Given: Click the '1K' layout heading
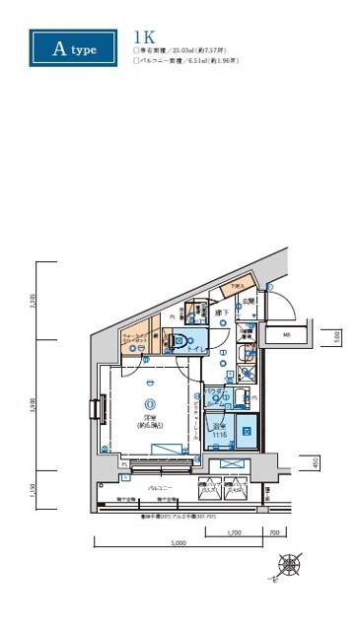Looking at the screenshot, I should [x=143, y=39].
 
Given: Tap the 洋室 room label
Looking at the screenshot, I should [x=150, y=421].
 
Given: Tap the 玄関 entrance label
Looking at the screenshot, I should [x=251, y=301].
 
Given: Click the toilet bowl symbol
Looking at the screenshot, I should [x=180, y=341].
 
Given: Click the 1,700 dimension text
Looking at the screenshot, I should [x=233, y=532].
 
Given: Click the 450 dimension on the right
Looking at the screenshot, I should [x=316, y=460].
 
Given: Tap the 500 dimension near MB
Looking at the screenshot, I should [x=337, y=335].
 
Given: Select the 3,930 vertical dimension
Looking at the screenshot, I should [x=34, y=405].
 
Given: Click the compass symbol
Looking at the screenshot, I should [x=290, y=566].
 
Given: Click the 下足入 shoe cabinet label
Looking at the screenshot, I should [x=236, y=287].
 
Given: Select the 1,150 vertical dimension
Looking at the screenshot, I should [x=34, y=488].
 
